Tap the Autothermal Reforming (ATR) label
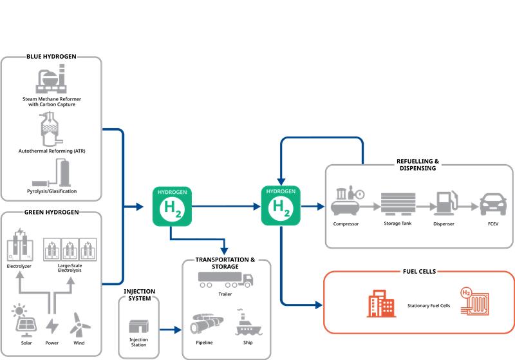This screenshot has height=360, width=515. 51,151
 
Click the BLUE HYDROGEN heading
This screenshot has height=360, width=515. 51,57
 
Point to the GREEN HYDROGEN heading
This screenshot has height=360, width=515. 51,212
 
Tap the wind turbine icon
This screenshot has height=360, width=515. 77,324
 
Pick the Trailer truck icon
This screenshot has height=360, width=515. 225,279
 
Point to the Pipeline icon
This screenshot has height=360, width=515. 207,322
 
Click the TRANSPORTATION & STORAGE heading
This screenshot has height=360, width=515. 225,263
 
